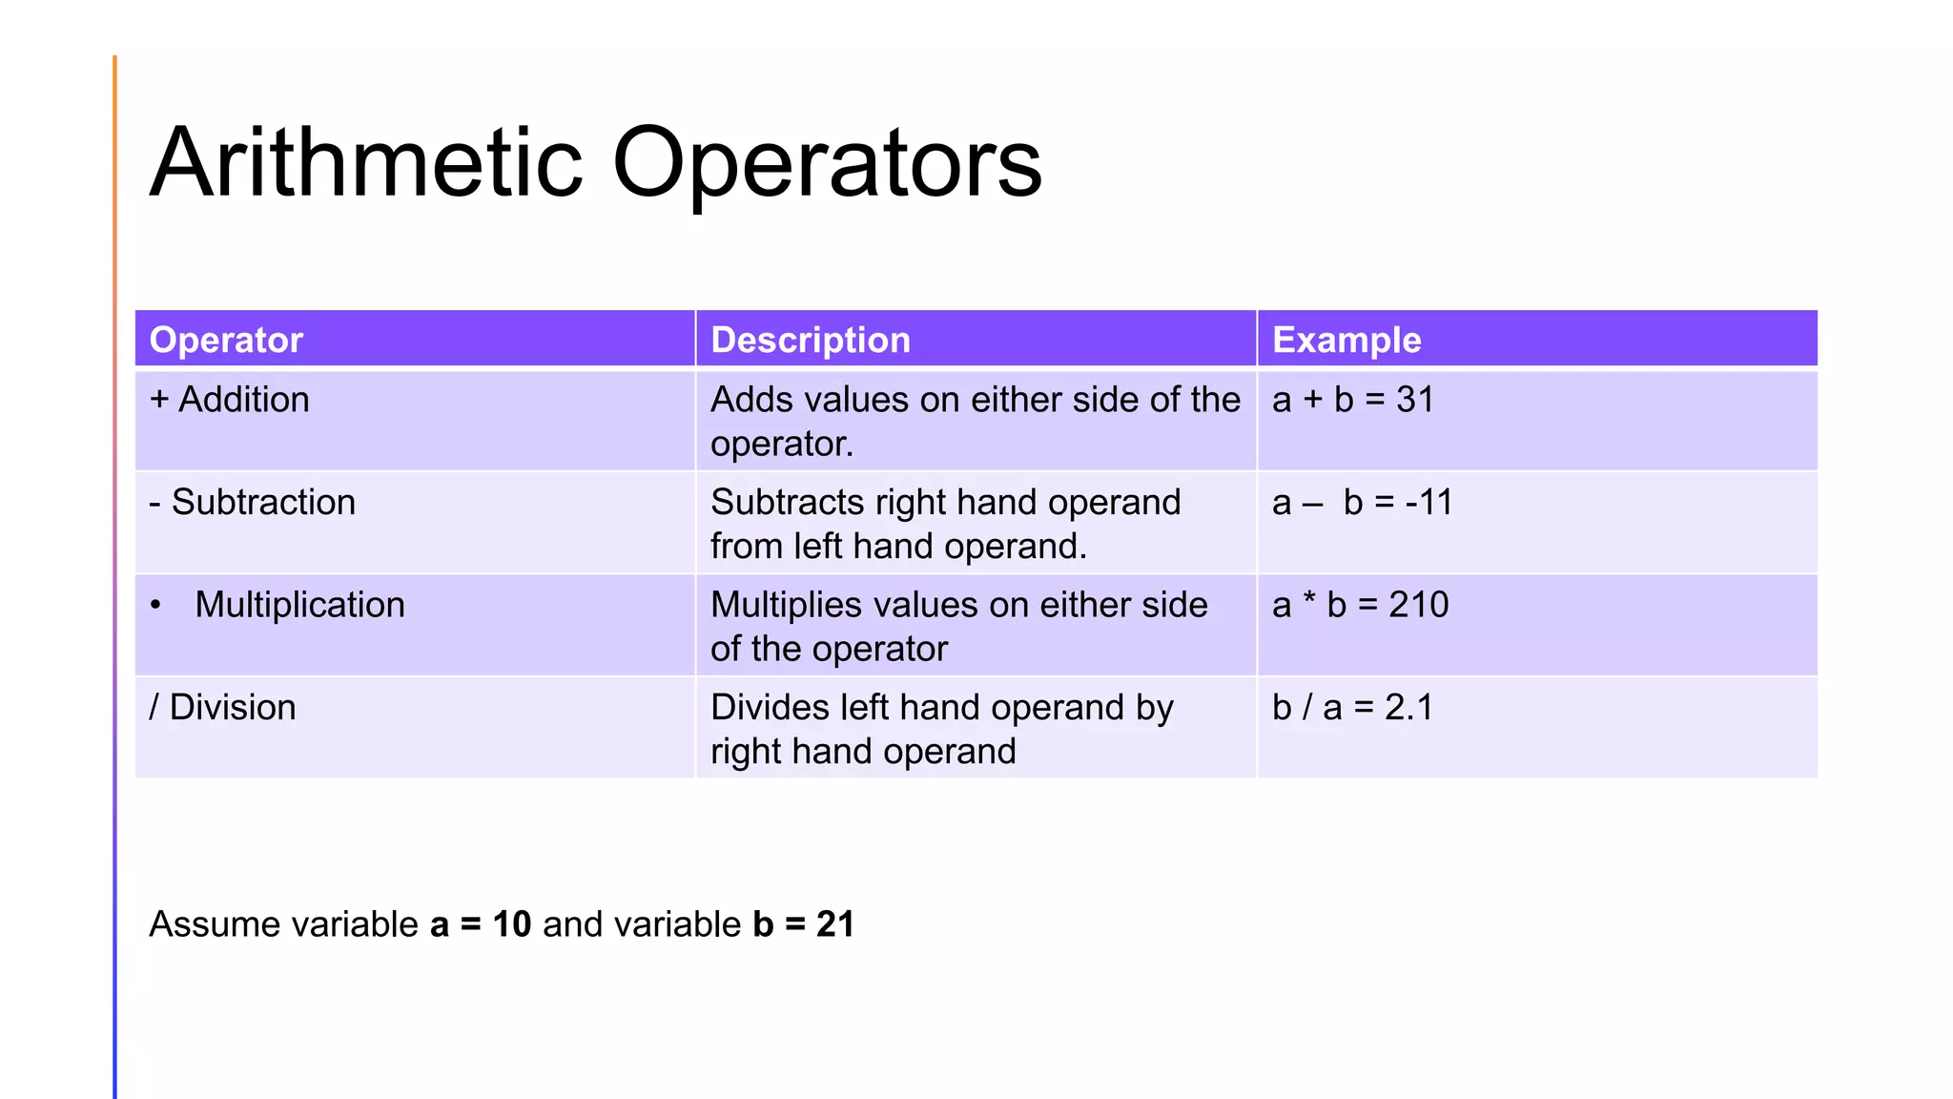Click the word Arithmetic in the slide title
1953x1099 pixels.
[x=366, y=163]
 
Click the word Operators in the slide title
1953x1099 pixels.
[x=827, y=163]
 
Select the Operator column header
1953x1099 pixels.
[x=226, y=340]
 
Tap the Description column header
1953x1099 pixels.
[x=811, y=340]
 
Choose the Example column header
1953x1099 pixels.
[x=1347, y=340]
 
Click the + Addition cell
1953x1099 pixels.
[x=230, y=400]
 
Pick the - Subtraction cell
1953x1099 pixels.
[x=253, y=502]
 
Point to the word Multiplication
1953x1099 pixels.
[x=299, y=605]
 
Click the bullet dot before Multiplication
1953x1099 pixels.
[x=155, y=605]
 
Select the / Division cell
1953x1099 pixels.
[x=223, y=708]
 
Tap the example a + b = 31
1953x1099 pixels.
[x=1353, y=400]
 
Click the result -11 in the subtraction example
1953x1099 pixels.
[x=1429, y=502]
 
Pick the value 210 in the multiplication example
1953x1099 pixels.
[x=1419, y=605]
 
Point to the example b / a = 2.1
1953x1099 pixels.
[x=1352, y=708]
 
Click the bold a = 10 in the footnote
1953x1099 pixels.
[x=481, y=924]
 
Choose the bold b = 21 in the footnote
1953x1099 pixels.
[x=803, y=924]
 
